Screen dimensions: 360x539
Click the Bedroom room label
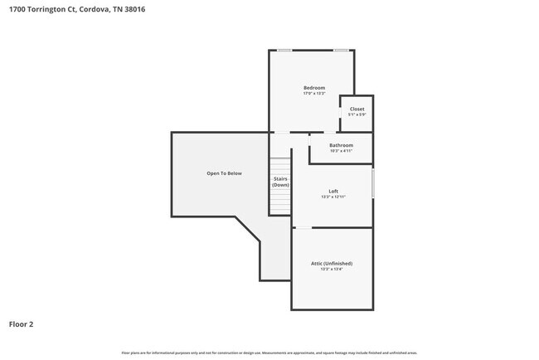tap(314, 88)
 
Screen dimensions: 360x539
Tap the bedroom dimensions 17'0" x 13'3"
tap(314, 94)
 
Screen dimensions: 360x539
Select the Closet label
tap(357, 109)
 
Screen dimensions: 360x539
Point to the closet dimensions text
tap(357, 114)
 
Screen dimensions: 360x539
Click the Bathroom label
tap(341, 145)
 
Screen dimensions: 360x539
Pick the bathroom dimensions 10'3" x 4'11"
tap(341, 151)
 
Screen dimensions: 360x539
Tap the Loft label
tap(333, 191)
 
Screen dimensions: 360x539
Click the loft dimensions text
tap(333, 197)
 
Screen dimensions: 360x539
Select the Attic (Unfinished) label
tap(332, 262)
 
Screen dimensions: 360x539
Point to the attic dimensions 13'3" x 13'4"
tap(332, 268)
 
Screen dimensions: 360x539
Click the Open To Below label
tap(224, 173)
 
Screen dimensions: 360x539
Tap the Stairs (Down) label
tap(281, 182)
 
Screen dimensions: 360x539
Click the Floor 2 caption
tap(22, 324)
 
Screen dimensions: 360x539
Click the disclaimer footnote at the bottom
tap(269, 353)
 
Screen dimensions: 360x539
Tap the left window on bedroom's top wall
tap(284, 51)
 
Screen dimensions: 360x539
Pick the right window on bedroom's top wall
tap(340, 51)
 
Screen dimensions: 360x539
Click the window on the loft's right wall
tap(373, 183)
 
